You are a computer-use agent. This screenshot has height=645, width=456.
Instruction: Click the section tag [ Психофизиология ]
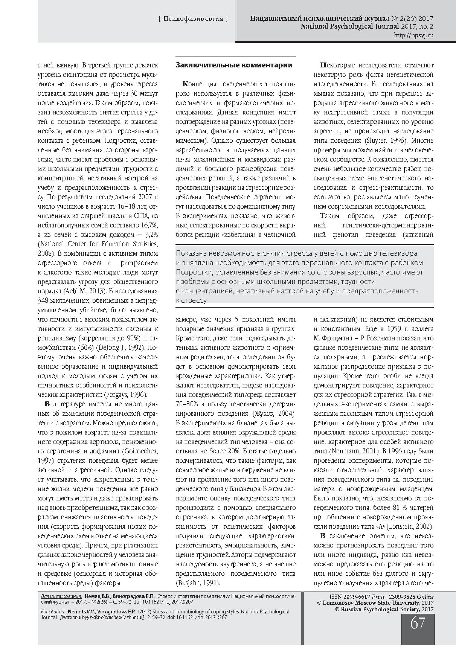click(x=194, y=18)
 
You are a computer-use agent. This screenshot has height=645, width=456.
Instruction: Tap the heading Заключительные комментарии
click(x=234, y=65)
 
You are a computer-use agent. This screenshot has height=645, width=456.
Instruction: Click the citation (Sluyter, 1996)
click(x=386, y=140)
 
